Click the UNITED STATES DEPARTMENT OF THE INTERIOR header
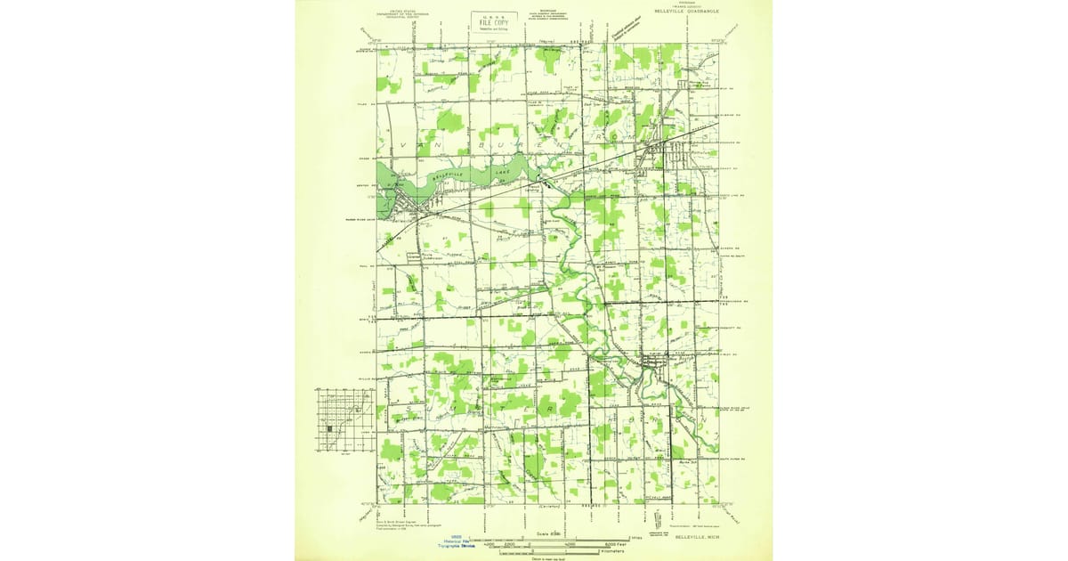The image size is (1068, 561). [x=387, y=13]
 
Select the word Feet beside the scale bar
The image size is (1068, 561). [x=633, y=545]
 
